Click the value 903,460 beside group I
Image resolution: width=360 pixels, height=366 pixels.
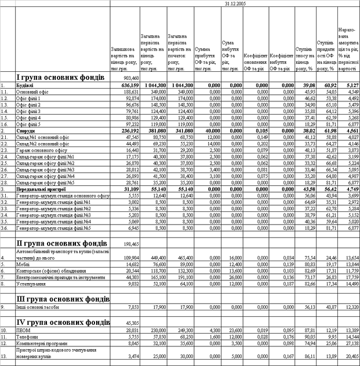pyautogui.click(x=131, y=78)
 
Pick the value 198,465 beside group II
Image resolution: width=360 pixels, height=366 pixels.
pyautogui.click(x=131, y=244)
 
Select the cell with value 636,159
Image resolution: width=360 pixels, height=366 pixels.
pyautogui.click(x=130, y=85)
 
